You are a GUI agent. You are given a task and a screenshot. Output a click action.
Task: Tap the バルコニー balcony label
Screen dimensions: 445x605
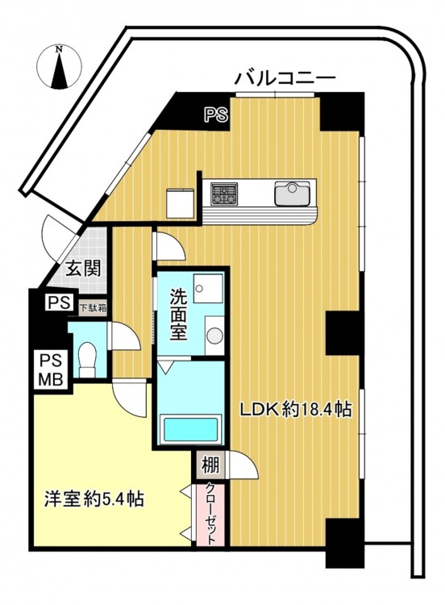(285, 79)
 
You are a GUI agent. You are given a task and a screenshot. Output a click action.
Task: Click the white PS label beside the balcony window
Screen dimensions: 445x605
(216, 115)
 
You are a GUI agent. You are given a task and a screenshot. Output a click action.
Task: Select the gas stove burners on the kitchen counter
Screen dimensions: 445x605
(224, 193)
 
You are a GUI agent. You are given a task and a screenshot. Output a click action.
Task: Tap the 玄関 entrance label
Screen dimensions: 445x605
(83, 268)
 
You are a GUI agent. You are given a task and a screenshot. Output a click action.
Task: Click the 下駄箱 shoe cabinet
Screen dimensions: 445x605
(93, 308)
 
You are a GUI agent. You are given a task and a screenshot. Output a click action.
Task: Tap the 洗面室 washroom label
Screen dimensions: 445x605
(178, 315)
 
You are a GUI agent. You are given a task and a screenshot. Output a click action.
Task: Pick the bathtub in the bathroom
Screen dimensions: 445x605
(191, 428)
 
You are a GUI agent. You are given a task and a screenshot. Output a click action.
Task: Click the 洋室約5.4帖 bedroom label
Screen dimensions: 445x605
(94, 499)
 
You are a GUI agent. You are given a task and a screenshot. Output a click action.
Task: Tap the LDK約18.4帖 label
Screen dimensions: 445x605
(296, 409)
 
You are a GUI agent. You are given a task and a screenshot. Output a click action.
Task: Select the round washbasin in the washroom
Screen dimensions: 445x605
(214, 335)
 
